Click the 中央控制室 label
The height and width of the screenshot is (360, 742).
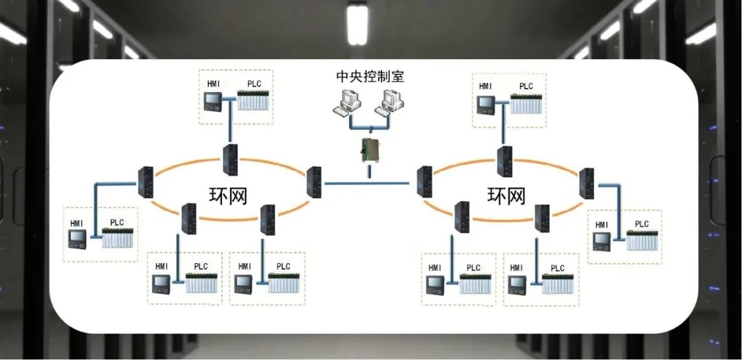[x=370, y=76]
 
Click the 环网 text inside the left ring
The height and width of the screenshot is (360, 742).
[x=228, y=195]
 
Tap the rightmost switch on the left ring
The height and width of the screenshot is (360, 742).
[x=314, y=182]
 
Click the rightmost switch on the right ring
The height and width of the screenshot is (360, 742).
[x=586, y=183]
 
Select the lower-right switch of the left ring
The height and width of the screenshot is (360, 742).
[x=267, y=220]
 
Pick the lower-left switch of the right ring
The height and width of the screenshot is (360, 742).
[x=462, y=217]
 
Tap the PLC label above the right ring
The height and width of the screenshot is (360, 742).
[x=526, y=86]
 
